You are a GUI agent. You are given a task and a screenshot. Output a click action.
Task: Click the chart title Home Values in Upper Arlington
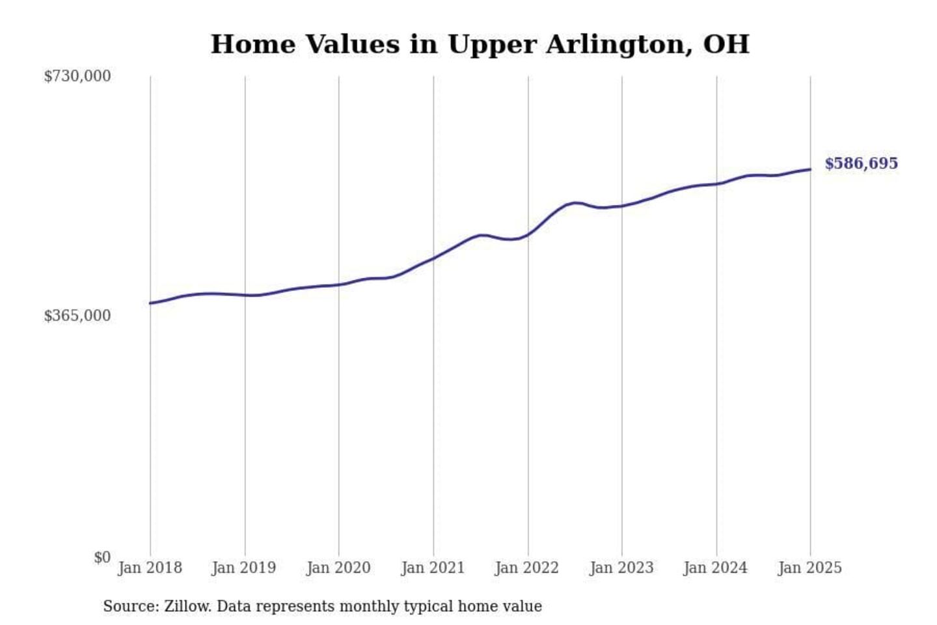[480, 44]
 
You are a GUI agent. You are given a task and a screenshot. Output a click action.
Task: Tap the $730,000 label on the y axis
[77, 76]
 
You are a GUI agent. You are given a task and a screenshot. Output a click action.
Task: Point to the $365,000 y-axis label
[77, 316]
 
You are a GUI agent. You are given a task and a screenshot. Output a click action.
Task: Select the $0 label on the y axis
[102, 557]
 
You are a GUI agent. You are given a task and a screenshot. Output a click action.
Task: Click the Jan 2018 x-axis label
[150, 568]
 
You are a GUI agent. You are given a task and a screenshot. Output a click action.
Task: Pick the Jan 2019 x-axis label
[244, 568]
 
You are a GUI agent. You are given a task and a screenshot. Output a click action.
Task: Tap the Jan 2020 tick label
[338, 568]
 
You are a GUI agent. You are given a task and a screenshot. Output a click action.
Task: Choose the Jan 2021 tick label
[433, 568]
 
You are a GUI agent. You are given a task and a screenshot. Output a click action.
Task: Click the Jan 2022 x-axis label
[527, 568]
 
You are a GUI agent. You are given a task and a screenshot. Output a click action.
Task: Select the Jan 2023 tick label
[621, 568]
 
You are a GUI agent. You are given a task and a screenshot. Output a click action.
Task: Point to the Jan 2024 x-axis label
[716, 568]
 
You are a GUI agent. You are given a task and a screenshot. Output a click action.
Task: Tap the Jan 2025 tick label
[810, 568]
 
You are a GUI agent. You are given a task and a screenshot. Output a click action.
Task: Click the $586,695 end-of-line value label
[861, 163]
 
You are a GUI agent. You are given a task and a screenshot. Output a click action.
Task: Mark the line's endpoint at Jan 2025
[810, 169]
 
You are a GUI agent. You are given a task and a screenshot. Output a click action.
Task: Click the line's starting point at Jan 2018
[150, 303]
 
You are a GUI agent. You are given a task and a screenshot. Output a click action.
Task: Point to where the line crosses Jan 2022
[528, 234]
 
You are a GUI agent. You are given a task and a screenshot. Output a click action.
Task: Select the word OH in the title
[726, 44]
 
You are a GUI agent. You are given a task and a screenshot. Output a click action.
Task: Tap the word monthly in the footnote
[370, 606]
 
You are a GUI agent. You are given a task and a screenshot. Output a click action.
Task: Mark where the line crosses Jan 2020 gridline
[338, 285]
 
